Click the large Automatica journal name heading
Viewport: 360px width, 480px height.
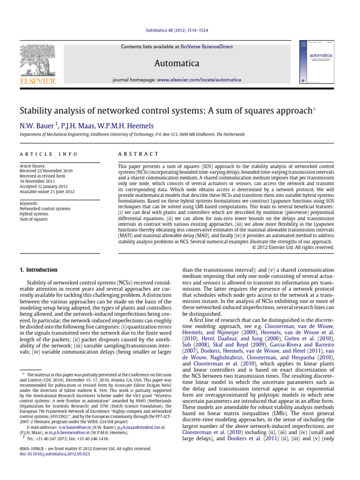tap(180, 63)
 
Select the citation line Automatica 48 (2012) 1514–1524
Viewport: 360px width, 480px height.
tap(180, 30)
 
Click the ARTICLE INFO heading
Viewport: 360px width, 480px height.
tap(49, 154)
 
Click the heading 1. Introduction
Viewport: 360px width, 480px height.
tap(38, 270)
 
